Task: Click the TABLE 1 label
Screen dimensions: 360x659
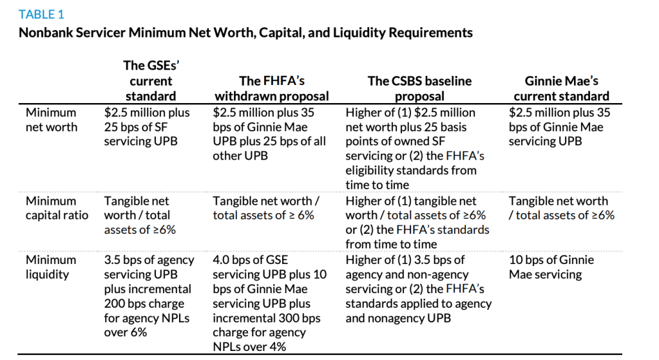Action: [41, 14]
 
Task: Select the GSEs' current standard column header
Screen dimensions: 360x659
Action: [149, 81]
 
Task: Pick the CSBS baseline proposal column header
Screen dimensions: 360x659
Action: [419, 88]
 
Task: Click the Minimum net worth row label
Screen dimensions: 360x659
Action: [51, 119]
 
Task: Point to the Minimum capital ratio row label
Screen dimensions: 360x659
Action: [57, 208]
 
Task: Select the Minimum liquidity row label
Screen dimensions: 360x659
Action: [51, 267]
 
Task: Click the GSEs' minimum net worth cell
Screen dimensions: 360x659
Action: [148, 126]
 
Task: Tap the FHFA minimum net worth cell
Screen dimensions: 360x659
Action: [269, 134]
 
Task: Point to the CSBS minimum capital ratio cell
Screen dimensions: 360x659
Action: [417, 222]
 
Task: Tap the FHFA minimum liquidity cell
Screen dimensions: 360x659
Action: [269, 303]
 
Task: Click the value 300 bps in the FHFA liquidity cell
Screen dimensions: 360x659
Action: [305, 318]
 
